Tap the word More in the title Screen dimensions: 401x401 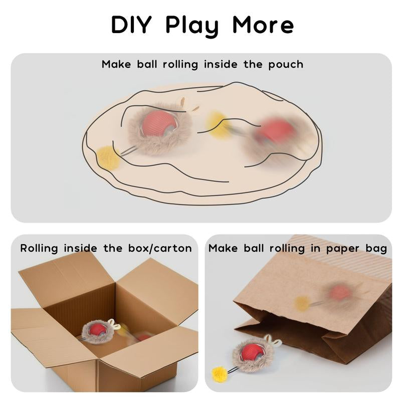(x=263, y=25)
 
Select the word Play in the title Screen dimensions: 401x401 (x=192, y=27)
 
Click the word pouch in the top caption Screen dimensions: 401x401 (x=286, y=65)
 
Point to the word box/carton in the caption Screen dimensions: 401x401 (x=160, y=248)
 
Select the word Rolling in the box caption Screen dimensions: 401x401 (x=39, y=249)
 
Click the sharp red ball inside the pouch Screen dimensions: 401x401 (x=159, y=123)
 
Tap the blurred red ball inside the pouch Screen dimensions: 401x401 (x=274, y=133)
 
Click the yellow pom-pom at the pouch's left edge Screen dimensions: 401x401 (x=108, y=158)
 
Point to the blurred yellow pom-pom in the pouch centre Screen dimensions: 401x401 (x=218, y=125)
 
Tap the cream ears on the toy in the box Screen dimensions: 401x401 (x=115, y=324)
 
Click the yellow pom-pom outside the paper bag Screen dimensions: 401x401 (x=220, y=374)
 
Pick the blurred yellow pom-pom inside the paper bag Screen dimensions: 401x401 (x=302, y=304)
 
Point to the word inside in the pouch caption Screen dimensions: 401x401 (x=221, y=64)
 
